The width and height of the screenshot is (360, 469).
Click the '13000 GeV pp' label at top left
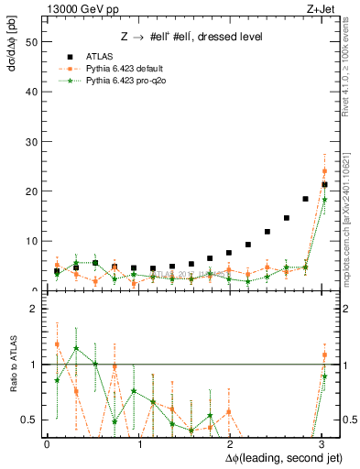pyautogui.click(x=76, y=8)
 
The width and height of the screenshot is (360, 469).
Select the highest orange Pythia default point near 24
pyautogui.click(x=324, y=171)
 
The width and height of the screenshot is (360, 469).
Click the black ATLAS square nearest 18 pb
pyautogui.click(x=306, y=199)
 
